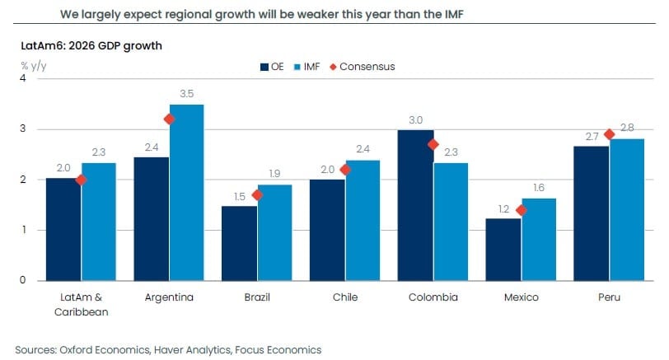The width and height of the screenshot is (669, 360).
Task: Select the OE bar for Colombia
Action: pyautogui.click(x=417, y=205)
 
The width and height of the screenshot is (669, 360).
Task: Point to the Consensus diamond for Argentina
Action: pyautogui.click(x=169, y=119)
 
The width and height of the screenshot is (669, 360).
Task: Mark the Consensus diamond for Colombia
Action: pyautogui.click(x=433, y=144)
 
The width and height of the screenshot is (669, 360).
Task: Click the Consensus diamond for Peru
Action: pyautogui.click(x=609, y=134)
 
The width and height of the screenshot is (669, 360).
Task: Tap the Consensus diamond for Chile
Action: pyautogui.click(x=345, y=170)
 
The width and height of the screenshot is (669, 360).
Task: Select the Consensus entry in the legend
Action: pyautogui.click(x=363, y=66)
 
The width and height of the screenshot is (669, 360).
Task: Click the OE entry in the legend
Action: pyautogui.click(x=272, y=66)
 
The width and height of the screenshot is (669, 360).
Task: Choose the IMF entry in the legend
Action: pyautogui.click(x=309, y=66)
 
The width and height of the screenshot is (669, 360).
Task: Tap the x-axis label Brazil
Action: pyautogui.click(x=257, y=297)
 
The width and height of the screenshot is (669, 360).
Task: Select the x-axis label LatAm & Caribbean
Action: pyautogui.click(x=82, y=302)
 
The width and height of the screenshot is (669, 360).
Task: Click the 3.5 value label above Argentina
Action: pyautogui.click(x=186, y=94)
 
